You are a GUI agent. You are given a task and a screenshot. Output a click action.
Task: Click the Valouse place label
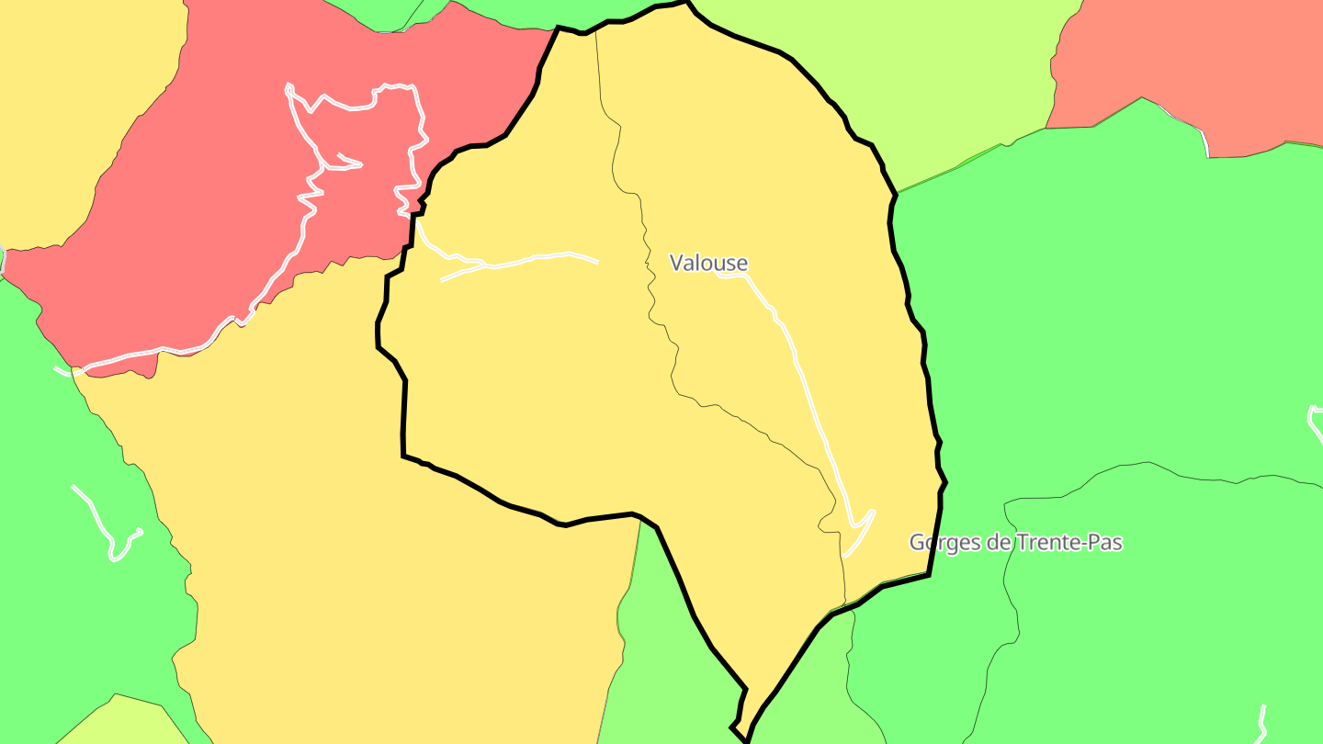[708, 263]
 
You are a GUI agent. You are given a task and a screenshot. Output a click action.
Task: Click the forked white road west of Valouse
[533, 258]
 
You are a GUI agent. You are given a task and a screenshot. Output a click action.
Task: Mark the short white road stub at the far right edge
[1314, 418]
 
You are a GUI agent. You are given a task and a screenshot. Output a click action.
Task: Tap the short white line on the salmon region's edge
[1204, 142]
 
